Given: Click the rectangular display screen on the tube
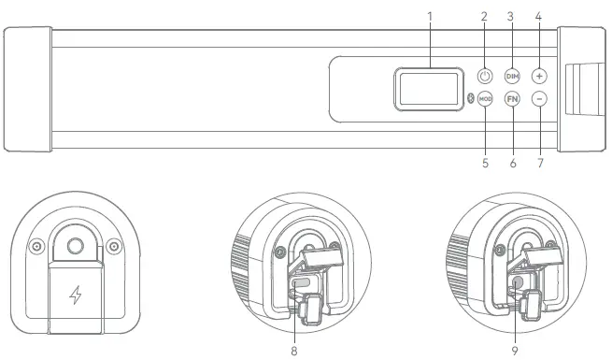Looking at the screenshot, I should click(x=428, y=88).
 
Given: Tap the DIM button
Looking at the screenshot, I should click(x=512, y=75).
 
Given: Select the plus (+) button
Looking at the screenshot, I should click(x=540, y=75).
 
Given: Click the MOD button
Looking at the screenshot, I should click(x=485, y=99).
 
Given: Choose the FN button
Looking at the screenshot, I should click(x=512, y=99).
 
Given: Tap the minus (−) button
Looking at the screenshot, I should click(x=540, y=99).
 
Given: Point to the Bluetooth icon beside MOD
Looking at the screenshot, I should click(x=470, y=99).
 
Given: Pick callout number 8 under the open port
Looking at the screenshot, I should click(x=296, y=351).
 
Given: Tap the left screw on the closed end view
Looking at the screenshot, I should click(x=36, y=246).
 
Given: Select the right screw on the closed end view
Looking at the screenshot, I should click(x=113, y=246).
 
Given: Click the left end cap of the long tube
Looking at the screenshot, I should click(x=26, y=89).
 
